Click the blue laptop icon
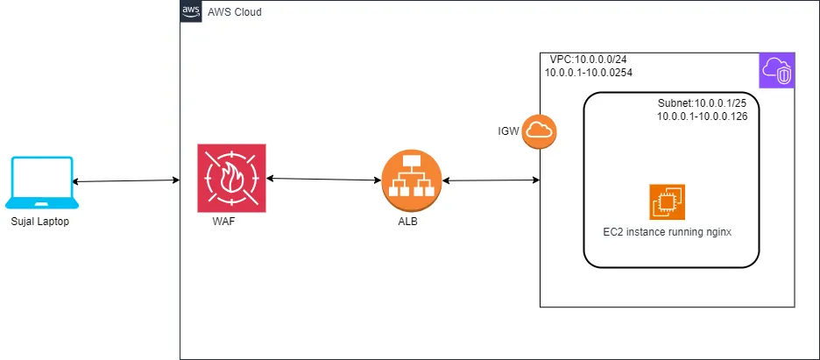click(x=41, y=183)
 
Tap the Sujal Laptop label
click(x=40, y=222)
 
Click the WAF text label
click(x=224, y=222)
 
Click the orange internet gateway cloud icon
click(x=540, y=131)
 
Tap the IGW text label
click(x=509, y=131)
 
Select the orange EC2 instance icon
click(x=668, y=201)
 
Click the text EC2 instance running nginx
click(x=667, y=232)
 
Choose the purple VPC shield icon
click(x=777, y=70)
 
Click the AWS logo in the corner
click(x=191, y=11)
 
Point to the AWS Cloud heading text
click(x=234, y=12)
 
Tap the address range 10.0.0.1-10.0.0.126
click(x=702, y=116)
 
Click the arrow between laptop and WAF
click(x=126, y=181)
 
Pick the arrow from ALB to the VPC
click(x=490, y=181)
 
